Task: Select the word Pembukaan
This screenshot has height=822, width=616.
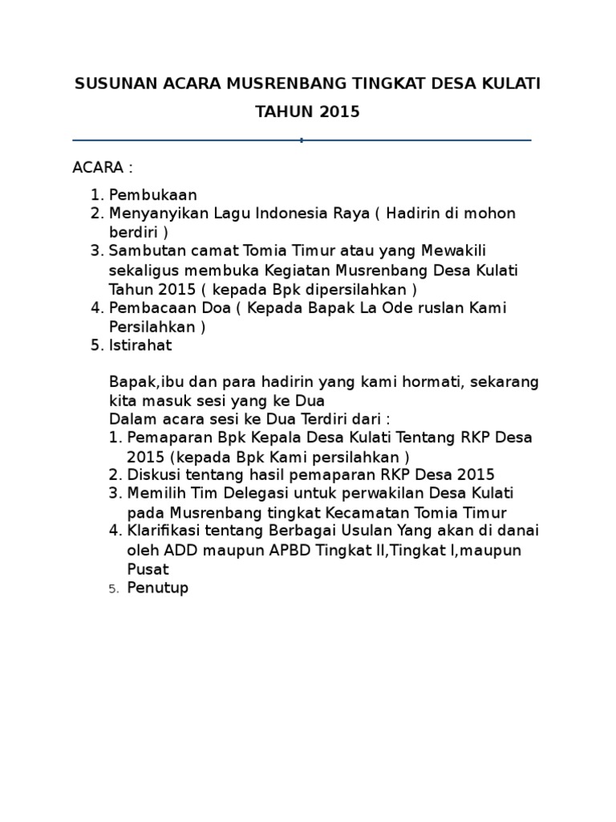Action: pyautogui.click(x=153, y=194)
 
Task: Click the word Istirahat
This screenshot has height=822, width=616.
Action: pyautogui.click(x=140, y=345)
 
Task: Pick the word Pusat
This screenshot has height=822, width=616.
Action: pyautogui.click(x=148, y=568)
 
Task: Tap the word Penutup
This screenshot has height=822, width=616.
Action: pyautogui.click(x=157, y=588)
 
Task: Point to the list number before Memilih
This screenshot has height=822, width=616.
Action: pyautogui.click(x=114, y=493)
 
